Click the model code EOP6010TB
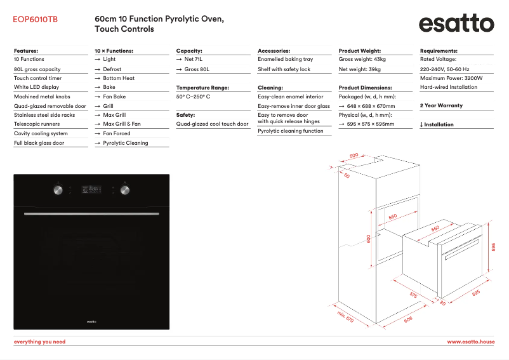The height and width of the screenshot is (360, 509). pos(35,20)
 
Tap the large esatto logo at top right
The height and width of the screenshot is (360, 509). pos(456,24)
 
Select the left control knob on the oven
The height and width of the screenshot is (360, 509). pos(58,189)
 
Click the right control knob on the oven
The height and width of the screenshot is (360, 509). pos(124,189)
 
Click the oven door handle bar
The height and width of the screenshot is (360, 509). pos(91,214)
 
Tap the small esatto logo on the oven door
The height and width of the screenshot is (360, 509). pos(91,322)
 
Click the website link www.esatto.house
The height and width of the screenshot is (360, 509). pos(470,342)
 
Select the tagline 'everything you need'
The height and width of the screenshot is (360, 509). pos(39,342)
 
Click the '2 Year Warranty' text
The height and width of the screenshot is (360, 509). pos(441,105)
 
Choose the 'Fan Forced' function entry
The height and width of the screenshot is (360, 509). pos(116,134)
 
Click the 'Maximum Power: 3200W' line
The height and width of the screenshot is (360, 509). pos(451,78)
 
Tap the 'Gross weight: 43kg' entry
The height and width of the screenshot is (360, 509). pos(362,59)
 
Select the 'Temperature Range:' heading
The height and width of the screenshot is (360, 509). pos(202,88)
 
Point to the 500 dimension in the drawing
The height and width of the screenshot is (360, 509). pos(354,155)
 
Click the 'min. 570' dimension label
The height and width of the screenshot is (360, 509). pos(345,317)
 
